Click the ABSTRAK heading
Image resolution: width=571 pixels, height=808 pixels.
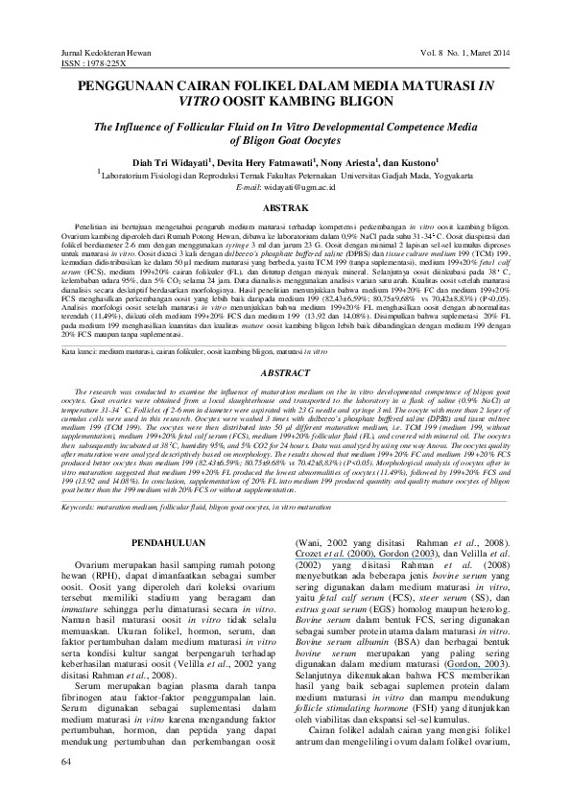(x=285, y=207)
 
